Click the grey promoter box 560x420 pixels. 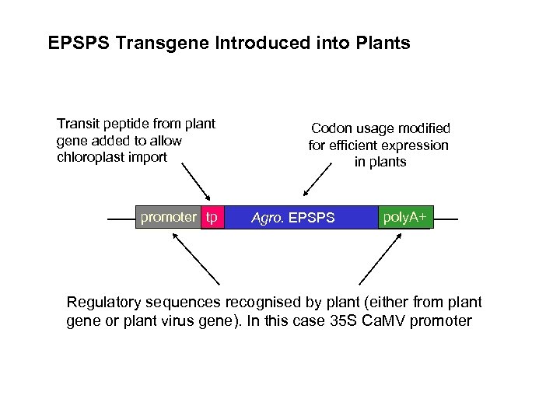[x=168, y=217]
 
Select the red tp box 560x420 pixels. [x=212, y=217]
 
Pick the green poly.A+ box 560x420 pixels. [x=404, y=217]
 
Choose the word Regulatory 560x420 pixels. [x=103, y=303]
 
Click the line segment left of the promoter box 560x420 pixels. [x=121, y=219]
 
